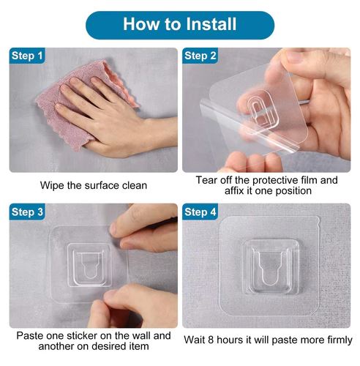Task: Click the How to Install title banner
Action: (x=179, y=24)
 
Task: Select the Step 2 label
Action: (x=200, y=56)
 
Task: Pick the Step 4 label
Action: (x=200, y=212)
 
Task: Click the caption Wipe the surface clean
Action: (x=92, y=185)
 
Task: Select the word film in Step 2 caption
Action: (x=308, y=180)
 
